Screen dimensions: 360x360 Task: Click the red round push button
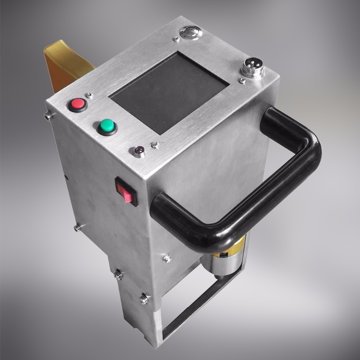click(78, 104)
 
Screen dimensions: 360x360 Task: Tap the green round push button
click(107, 126)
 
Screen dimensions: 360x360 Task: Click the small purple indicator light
click(139, 150)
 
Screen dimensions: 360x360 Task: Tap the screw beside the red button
click(89, 96)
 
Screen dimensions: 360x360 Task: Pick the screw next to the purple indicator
click(155, 145)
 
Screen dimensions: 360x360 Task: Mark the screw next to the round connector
click(242, 81)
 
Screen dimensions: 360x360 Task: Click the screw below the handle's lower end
click(167, 258)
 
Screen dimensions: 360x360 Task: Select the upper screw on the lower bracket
click(118, 275)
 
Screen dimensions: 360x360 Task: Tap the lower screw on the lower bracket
click(144, 299)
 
